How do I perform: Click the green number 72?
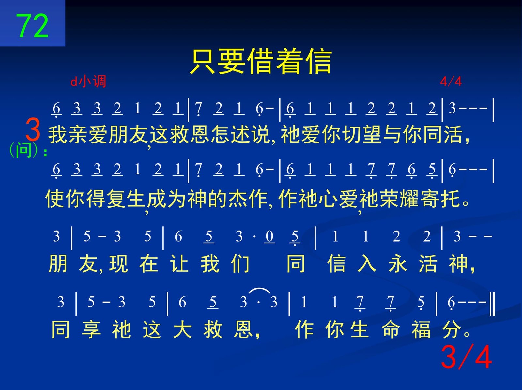coord(32,25)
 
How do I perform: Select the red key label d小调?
coord(88,82)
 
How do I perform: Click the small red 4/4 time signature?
coord(451,82)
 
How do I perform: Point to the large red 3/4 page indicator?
coord(466,357)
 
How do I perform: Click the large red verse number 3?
coord(33,130)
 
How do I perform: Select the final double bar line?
coord(493,304)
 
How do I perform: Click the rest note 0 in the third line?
coord(269,236)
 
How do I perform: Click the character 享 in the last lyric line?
coord(91,329)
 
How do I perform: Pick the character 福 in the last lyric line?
coord(421,329)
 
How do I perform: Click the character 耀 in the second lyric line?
coord(409,199)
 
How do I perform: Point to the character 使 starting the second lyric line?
coord(55,199)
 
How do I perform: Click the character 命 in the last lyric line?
coord(391,329)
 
